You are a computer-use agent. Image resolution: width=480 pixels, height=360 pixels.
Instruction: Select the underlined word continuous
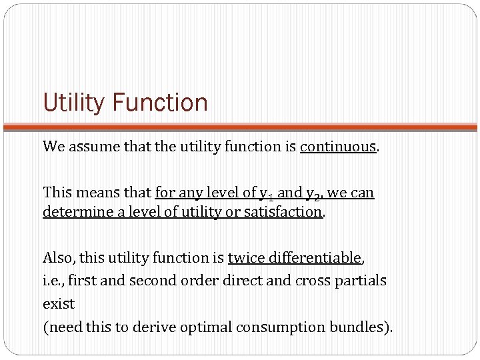338,147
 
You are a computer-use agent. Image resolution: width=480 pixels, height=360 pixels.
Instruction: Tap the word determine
75,212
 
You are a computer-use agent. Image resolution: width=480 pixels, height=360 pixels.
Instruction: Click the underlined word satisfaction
282,212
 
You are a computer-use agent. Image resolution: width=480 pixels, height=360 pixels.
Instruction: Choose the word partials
360,281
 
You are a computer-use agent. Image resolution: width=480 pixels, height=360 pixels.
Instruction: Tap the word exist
59,304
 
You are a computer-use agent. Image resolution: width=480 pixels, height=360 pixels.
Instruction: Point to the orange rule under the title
240,126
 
